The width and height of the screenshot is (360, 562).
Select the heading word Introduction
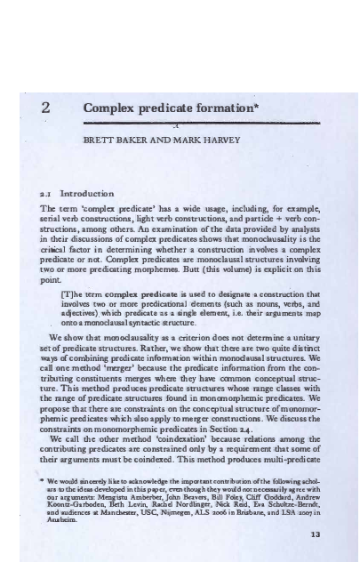(x=97, y=191)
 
